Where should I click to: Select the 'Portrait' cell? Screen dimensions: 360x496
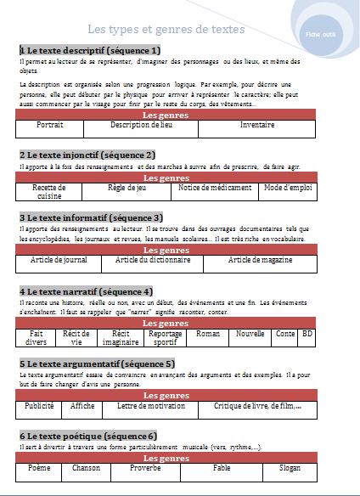coord(50,125)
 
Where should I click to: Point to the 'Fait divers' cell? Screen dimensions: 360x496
coord(37,337)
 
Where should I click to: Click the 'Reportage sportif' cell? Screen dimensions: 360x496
coord(166,337)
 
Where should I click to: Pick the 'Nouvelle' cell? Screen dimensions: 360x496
coord(250,334)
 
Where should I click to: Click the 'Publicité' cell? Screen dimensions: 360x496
coord(40,406)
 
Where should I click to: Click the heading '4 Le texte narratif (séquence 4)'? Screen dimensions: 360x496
coord(86,291)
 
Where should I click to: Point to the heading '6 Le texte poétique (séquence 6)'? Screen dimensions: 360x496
coord(88,436)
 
